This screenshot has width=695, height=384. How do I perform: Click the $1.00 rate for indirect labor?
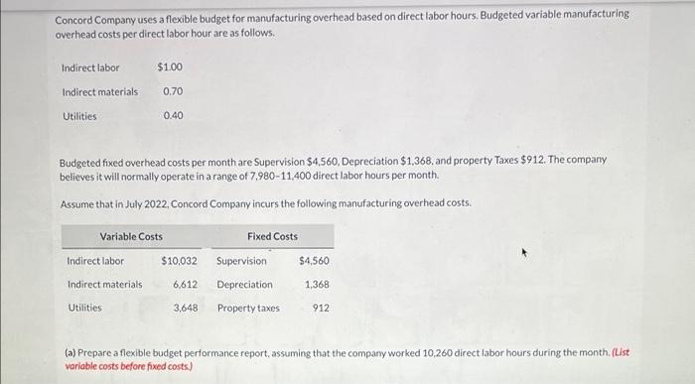(170, 67)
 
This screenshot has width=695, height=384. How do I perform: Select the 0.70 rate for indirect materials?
(173, 91)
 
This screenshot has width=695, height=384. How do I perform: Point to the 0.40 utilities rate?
(173, 115)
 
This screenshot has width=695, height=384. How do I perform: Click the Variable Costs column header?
(130, 236)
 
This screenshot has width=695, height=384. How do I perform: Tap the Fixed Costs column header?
(272, 236)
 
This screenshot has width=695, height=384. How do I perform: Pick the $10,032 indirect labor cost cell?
(180, 261)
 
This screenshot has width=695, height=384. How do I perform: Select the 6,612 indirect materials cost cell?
(185, 284)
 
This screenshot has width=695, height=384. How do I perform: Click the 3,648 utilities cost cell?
(185, 308)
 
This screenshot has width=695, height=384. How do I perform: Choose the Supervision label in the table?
(241, 261)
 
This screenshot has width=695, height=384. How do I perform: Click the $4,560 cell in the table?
(314, 261)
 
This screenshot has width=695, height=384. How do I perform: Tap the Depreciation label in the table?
(244, 284)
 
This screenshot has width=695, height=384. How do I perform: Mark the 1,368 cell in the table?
(317, 284)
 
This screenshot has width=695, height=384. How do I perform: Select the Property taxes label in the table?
(248, 308)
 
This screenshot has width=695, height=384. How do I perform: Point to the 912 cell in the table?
(321, 308)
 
